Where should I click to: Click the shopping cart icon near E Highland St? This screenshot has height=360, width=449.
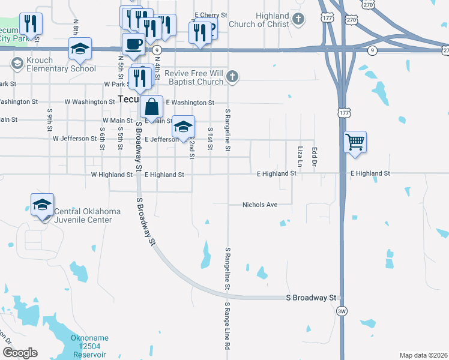(355, 142)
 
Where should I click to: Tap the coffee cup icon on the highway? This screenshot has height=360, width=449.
(133, 43)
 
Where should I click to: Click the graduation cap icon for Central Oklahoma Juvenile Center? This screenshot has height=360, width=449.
(43, 205)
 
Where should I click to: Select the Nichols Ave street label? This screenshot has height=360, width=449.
(260, 205)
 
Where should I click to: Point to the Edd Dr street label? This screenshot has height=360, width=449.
(314, 155)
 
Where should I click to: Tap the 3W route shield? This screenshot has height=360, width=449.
(342, 311)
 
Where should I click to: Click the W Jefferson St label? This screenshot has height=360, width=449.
(74, 139)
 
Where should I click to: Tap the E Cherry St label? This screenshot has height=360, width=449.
(211, 14)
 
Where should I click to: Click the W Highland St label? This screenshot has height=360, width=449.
(112, 175)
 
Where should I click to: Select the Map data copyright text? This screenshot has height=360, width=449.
(423, 355)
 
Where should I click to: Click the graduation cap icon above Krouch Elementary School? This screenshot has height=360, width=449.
(80, 49)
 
